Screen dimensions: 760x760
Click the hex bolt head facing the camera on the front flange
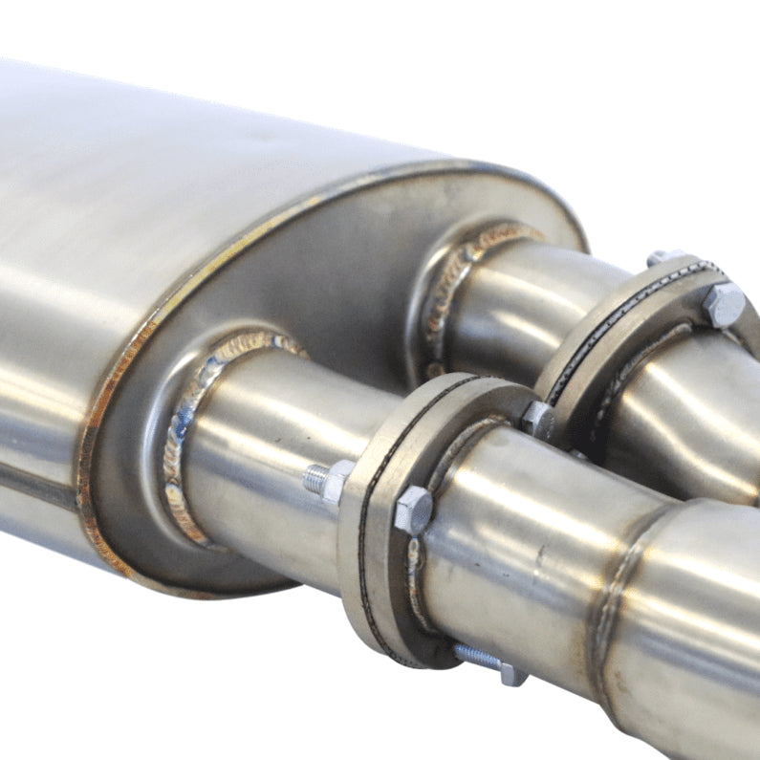[x=413, y=510]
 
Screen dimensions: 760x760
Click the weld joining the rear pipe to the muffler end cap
[x=449, y=287]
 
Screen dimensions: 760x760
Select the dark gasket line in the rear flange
[x=612, y=315]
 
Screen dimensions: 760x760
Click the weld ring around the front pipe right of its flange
[x=612, y=593]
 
